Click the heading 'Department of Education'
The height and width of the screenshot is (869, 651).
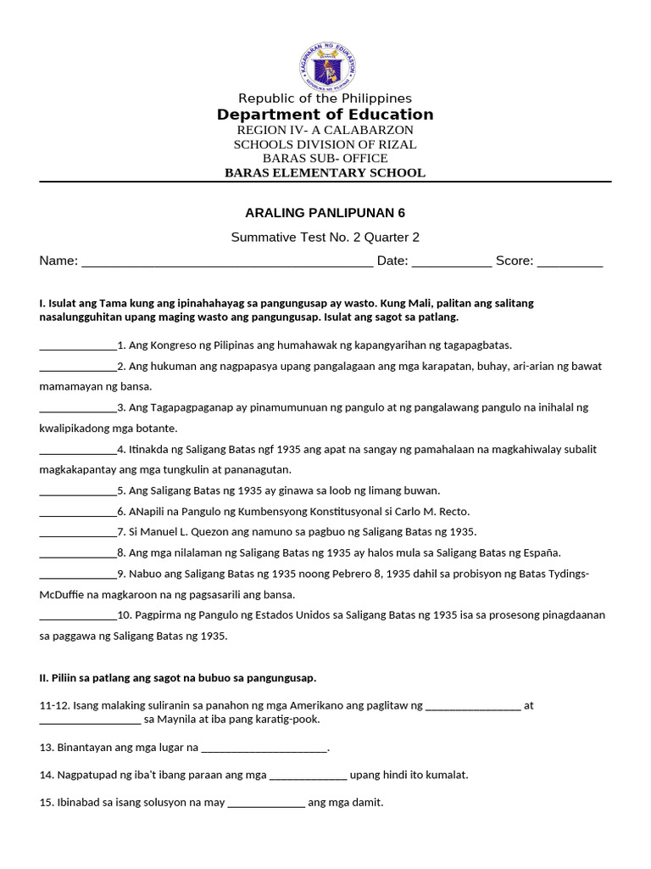click(325, 115)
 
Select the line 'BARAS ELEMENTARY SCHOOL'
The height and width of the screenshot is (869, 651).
click(325, 173)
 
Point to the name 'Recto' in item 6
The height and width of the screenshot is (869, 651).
click(453, 512)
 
